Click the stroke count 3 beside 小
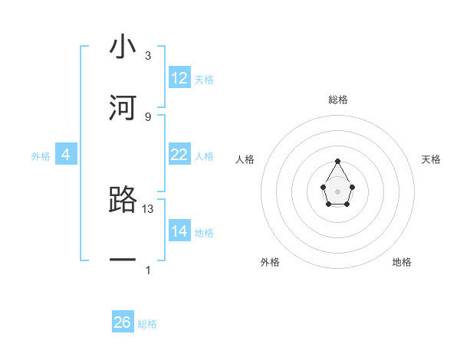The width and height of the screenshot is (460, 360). point(148,56)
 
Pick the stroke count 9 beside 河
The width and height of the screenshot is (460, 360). point(148,116)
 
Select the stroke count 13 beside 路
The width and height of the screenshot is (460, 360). point(149,208)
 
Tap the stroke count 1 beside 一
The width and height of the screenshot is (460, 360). point(148,270)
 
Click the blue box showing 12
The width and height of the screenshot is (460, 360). point(179,78)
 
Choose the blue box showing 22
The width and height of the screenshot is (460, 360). point(179,155)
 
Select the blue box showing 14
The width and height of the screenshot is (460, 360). point(179,231)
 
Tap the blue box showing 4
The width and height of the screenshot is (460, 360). point(65,155)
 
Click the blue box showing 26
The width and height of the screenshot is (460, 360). point(123,322)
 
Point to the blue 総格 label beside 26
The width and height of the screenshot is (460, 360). point(147,324)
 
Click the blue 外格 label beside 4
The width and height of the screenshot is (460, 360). point(41,156)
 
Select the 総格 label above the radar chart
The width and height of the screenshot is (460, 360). point(337,100)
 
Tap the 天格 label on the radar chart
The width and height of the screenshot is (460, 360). point(431,159)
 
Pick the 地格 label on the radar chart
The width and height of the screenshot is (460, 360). point(402,262)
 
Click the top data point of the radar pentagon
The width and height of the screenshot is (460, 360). point(337,161)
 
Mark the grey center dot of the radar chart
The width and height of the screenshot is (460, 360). point(337,191)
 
